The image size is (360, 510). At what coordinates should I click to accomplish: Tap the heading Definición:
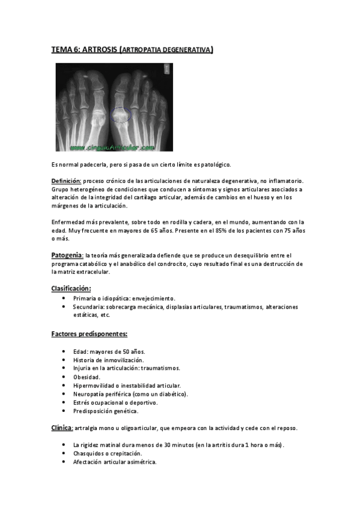66,180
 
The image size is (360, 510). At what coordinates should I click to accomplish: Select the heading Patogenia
66,255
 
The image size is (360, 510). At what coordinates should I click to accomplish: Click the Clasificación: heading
71,288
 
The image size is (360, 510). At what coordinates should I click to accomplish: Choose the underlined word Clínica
61,428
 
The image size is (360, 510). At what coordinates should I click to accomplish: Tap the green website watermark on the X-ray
112,146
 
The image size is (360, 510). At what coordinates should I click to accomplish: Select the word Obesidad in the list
87,377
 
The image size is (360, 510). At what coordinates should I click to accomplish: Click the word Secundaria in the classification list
90,307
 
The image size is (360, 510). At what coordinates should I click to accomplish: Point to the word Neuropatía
91,394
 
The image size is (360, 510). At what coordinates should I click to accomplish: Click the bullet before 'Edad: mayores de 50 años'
65,352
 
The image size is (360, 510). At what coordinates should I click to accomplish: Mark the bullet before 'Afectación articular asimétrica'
65,462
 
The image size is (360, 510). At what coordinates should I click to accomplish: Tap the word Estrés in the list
82,402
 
